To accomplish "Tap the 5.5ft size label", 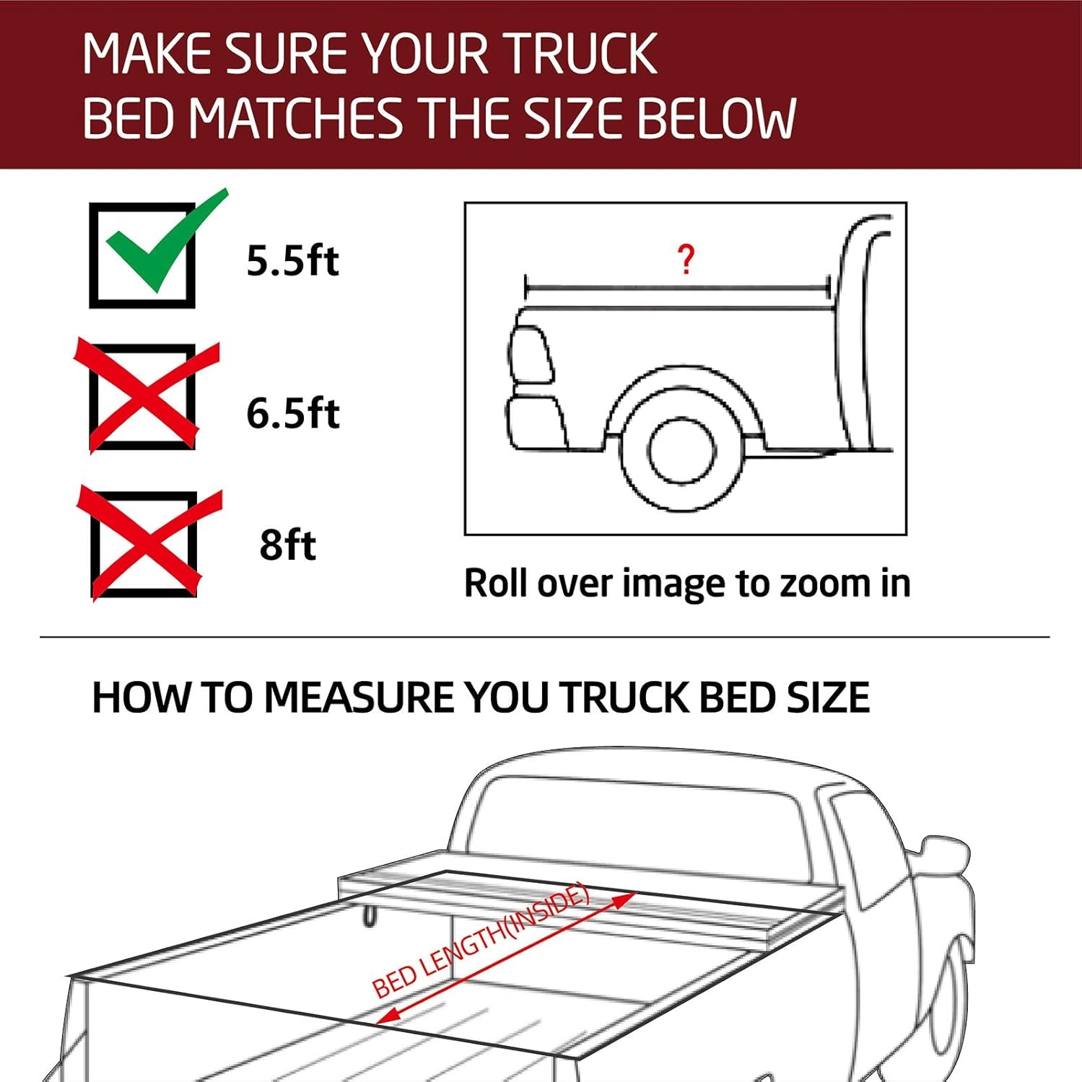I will [x=292, y=260].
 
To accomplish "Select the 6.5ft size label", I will [x=292, y=413].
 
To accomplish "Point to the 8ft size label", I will [x=287, y=545].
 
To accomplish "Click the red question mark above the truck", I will [x=686, y=259].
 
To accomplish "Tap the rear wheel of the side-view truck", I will [x=681, y=452].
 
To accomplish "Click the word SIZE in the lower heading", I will [x=828, y=698].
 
